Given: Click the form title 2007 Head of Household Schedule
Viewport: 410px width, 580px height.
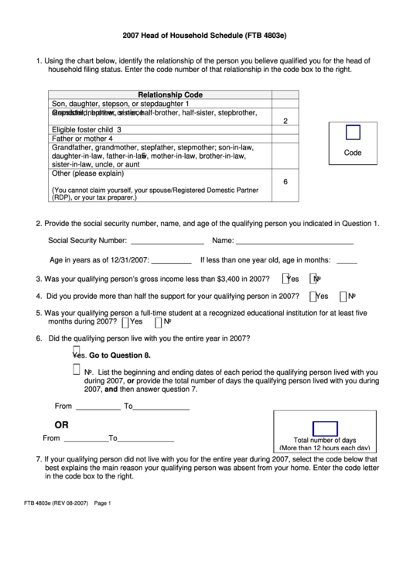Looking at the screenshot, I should pyautogui.click(x=204, y=36).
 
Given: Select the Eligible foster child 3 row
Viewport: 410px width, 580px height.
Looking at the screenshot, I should pyautogui.click(x=87, y=129).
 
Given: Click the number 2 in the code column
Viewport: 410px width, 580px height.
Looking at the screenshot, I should pyautogui.click(x=285, y=121).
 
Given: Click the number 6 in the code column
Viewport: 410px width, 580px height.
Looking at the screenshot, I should pyautogui.click(x=285, y=182).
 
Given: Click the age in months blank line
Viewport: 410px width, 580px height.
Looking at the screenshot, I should pyautogui.click(x=347, y=261).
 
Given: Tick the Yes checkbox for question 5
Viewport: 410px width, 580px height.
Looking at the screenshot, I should pyautogui.click(x=126, y=321).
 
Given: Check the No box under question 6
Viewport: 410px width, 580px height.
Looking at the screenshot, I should pyautogui.click(x=76, y=370).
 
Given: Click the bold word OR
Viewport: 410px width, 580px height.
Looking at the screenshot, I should pyautogui.click(x=61, y=424).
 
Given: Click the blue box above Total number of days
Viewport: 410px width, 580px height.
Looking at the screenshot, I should pyautogui.click(x=324, y=429).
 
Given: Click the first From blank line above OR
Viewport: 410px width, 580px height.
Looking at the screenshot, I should pyautogui.click(x=98, y=406).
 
